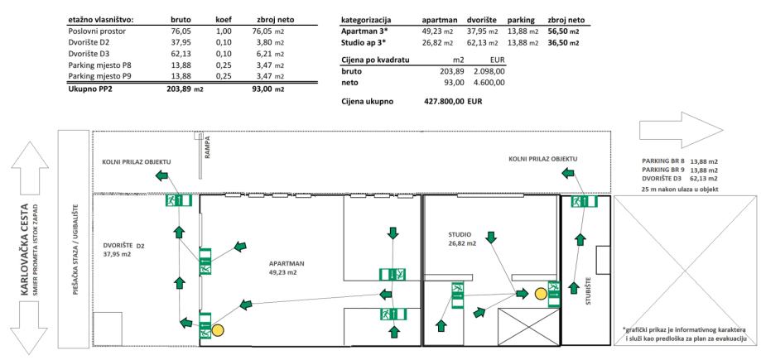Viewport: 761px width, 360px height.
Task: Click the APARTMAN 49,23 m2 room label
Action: (x=287, y=266)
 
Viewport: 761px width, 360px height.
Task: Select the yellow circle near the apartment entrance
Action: (x=219, y=330)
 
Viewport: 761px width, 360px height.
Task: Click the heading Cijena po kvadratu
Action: (x=379, y=60)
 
